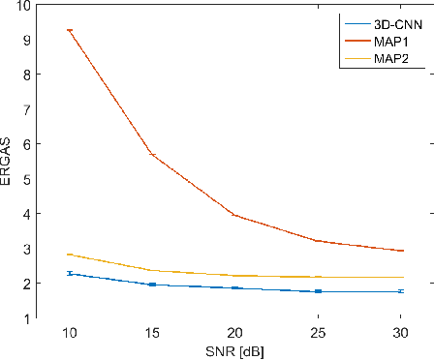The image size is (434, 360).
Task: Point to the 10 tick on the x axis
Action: tap(69, 332)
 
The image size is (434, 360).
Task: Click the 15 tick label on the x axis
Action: tap(152, 332)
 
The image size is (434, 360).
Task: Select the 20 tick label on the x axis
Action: tap(235, 332)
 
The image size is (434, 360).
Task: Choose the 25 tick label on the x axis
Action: tap(319, 332)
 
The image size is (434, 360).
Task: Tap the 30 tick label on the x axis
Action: tap(402, 332)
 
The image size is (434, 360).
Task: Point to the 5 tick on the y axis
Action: tap(27, 179)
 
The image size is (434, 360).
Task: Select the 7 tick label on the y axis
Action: tap(27, 109)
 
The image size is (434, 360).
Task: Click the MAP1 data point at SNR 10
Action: tap(69, 30)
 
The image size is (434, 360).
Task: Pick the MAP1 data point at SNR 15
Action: tap(152, 154)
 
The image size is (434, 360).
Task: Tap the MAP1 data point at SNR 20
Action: tap(235, 215)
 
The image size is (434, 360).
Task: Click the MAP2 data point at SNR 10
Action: tap(69, 255)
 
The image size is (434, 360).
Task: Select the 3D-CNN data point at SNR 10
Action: tap(69, 274)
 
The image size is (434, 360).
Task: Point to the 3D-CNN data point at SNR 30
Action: tap(402, 291)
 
